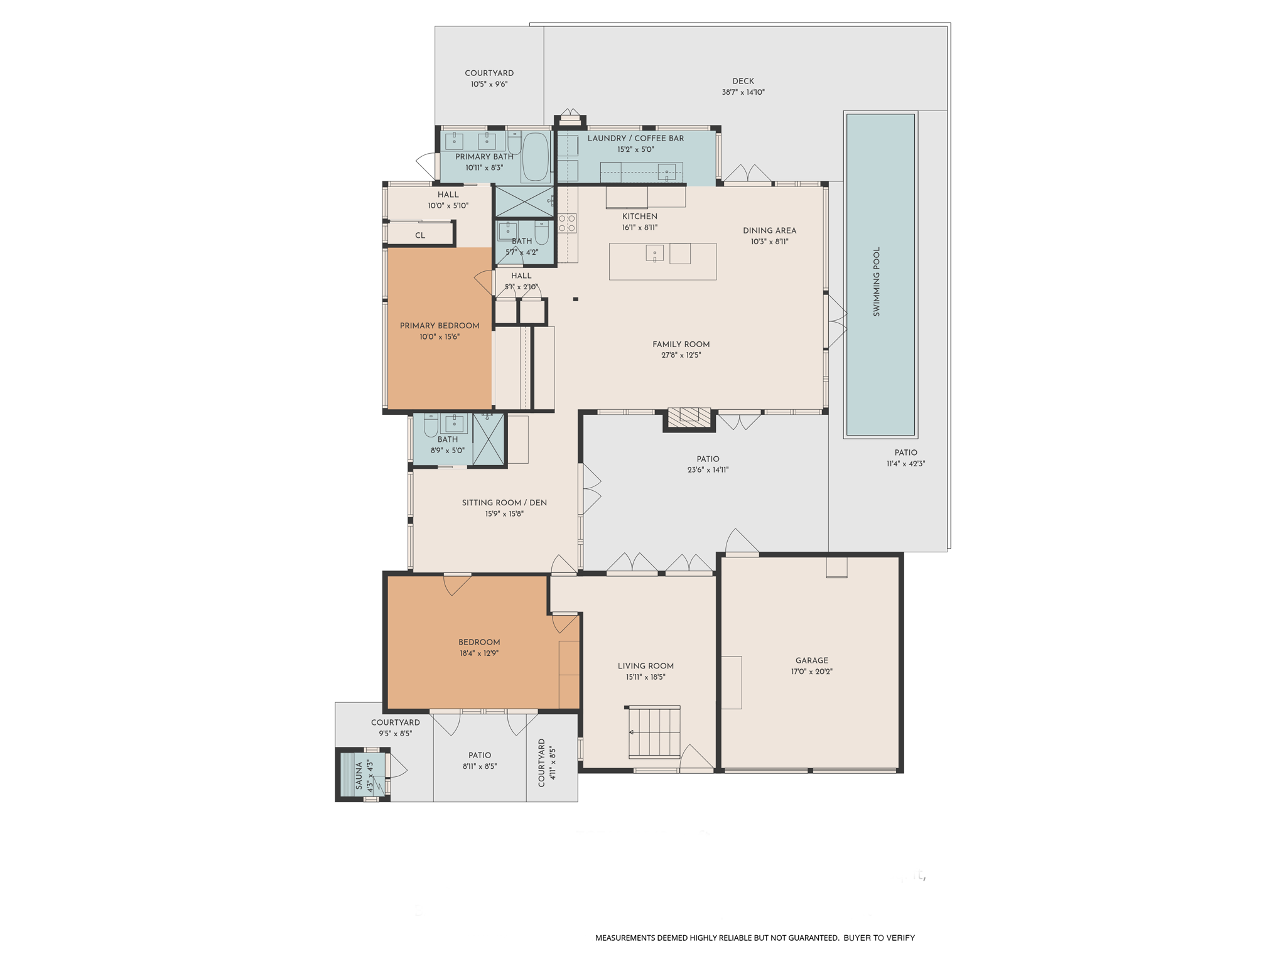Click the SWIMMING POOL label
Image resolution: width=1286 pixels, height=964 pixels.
click(x=877, y=281)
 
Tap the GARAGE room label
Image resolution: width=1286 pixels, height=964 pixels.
click(x=812, y=660)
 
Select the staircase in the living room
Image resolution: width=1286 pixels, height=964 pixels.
click(x=654, y=732)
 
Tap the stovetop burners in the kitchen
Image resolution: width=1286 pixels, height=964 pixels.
click(x=567, y=223)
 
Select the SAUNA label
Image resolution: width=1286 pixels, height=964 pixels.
click(x=359, y=776)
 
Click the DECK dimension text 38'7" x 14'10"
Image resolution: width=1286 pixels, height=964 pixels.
click(x=743, y=92)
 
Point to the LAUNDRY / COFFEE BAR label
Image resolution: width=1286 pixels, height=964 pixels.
click(x=635, y=138)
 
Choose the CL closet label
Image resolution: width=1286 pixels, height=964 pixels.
click(x=420, y=235)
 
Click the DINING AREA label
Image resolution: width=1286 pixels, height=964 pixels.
click(x=769, y=230)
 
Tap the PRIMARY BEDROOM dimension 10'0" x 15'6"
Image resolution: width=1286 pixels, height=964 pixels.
click(x=440, y=337)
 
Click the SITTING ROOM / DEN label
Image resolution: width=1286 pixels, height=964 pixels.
click(x=504, y=503)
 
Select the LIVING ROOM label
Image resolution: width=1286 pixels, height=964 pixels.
click(x=646, y=666)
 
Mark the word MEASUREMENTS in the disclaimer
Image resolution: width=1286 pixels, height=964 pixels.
click(x=625, y=938)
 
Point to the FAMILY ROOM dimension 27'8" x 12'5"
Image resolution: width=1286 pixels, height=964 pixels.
click(x=681, y=355)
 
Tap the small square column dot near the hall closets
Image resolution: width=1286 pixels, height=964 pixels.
click(x=575, y=299)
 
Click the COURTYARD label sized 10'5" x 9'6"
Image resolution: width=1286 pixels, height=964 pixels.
click(x=489, y=73)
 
